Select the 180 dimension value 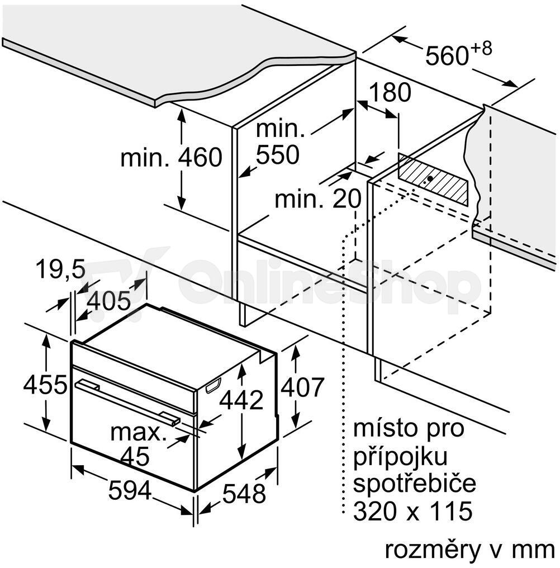[390, 92]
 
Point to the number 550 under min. [278, 155]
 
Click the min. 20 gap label [318, 198]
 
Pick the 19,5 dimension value [60, 269]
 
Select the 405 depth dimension [108, 301]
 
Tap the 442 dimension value [241, 400]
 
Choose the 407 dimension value [302, 387]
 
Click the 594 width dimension [130, 491]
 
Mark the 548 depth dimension [244, 493]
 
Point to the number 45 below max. [135, 456]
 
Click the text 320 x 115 [413, 511]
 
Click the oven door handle [127, 401]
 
